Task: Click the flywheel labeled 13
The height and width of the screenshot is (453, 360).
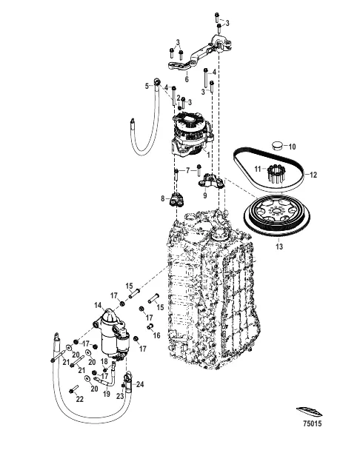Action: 277,215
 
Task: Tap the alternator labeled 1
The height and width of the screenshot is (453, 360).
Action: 191,135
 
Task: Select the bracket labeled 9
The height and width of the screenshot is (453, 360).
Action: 211,181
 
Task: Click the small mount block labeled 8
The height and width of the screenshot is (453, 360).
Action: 176,200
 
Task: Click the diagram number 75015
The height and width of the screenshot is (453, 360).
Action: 312,423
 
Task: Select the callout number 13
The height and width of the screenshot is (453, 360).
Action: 279,246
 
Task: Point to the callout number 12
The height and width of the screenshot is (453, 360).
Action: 313,175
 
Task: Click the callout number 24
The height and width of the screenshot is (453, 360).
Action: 140,384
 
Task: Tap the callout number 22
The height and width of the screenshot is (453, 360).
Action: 80,399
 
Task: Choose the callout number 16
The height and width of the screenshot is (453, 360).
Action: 156,335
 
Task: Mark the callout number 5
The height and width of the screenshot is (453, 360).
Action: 147,86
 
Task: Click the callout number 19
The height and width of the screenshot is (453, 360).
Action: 107,394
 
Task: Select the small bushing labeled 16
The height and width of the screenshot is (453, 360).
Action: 150,326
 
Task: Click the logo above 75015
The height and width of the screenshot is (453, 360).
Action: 309,411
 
